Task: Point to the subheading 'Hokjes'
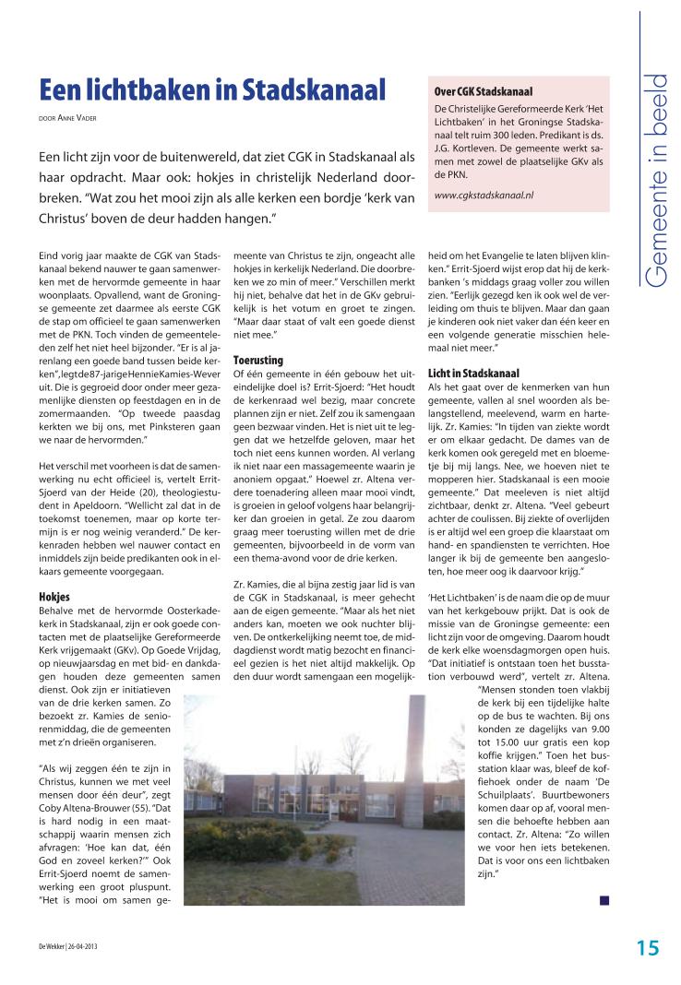(x=54, y=597)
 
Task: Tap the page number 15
(x=646, y=947)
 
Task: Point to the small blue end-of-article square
(x=603, y=898)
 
